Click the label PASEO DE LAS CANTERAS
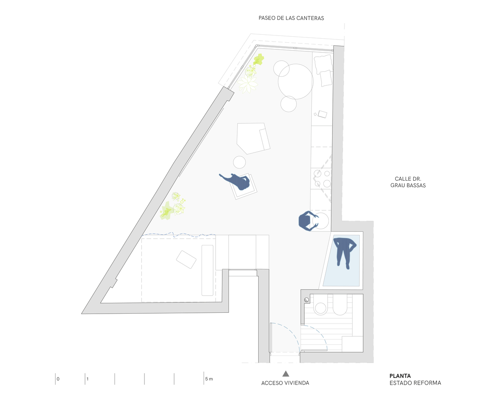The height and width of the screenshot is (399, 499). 291,18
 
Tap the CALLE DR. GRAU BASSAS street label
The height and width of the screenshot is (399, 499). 408,182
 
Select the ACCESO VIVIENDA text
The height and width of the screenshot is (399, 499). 285,383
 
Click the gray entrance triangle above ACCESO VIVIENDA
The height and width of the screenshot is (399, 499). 286,374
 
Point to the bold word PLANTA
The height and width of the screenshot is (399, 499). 400,376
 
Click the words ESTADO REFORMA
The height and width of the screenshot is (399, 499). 415,383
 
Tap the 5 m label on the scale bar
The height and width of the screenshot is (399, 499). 209,379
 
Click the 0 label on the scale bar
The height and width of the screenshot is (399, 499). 58,379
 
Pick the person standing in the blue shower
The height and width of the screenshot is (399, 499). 345,253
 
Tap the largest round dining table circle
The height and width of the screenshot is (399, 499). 296,82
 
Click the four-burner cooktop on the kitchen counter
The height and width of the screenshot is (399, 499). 322,178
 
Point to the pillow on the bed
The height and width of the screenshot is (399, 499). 186,259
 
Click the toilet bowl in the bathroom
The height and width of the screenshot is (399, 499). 321,306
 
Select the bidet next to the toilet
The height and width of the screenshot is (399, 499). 340,306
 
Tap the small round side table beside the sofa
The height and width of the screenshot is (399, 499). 239,162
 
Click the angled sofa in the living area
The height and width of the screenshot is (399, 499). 253,138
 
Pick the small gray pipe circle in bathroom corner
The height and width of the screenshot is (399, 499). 306,300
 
